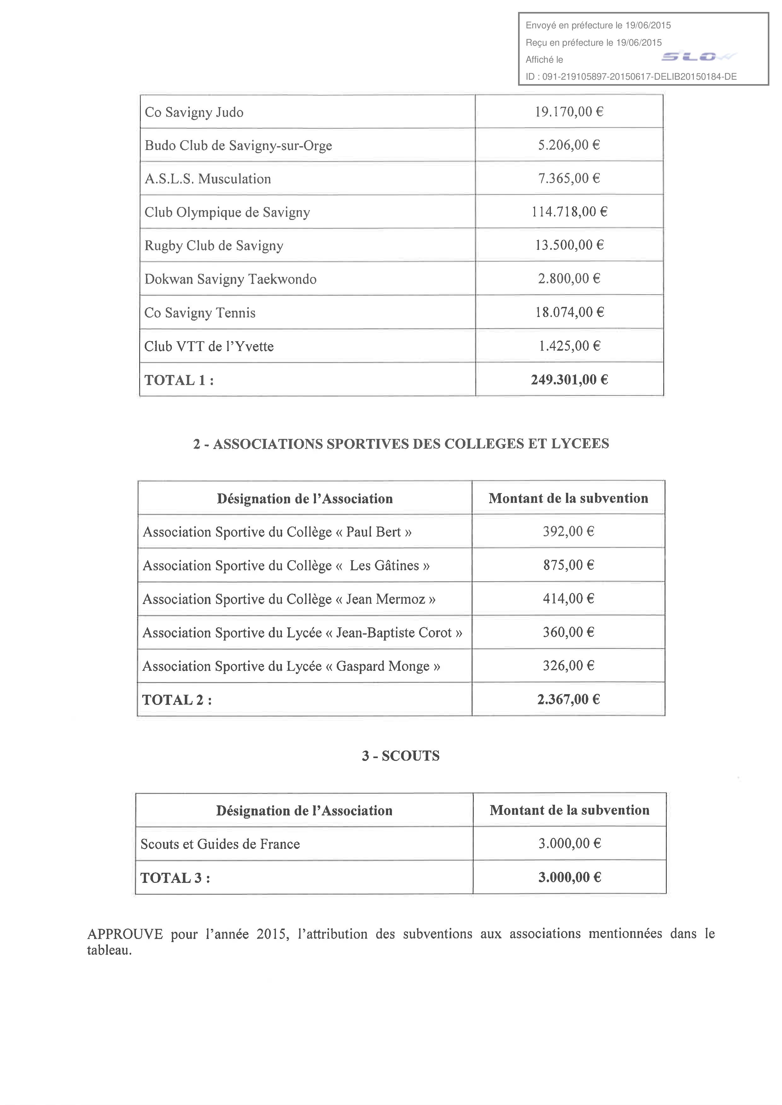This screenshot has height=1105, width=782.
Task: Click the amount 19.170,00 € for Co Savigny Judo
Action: click(x=569, y=112)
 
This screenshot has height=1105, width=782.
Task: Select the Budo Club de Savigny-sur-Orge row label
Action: click(x=238, y=145)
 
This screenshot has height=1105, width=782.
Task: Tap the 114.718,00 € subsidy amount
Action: click(x=569, y=212)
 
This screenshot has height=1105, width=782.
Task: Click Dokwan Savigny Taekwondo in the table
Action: click(x=230, y=279)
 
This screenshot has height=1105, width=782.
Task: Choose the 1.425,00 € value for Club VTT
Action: click(x=569, y=346)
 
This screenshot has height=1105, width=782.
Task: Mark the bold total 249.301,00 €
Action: click(x=569, y=380)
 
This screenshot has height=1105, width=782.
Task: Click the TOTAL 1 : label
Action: click(x=179, y=380)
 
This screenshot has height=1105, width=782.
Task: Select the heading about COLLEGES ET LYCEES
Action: click(x=401, y=444)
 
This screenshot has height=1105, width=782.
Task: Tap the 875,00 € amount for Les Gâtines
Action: click(x=569, y=565)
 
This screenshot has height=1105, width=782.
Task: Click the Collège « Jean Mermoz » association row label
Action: click(x=289, y=599)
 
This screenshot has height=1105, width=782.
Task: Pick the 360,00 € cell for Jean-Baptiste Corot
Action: click(x=569, y=632)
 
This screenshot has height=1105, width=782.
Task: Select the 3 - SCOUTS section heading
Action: click(x=401, y=756)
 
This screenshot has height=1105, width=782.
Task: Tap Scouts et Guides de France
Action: click(x=220, y=844)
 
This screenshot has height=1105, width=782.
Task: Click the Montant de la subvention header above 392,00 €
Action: click(x=568, y=498)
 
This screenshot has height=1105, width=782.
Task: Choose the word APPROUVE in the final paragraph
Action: click(x=125, y=934)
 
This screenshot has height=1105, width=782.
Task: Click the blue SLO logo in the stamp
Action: click(x=698, y=57)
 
